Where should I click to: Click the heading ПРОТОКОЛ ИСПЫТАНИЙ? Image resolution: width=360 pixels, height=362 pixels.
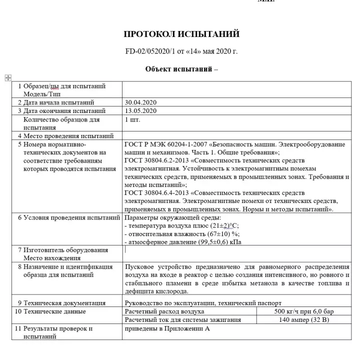[181, 34]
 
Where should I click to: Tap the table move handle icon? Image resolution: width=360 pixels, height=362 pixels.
[8, 77]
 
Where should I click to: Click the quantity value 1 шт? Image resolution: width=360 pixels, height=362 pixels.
[132, 119]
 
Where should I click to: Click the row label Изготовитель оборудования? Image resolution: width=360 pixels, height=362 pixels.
[65, 250]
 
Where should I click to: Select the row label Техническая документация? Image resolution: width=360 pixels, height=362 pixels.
[64, 302]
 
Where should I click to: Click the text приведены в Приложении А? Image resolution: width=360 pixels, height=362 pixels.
[166, 329]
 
